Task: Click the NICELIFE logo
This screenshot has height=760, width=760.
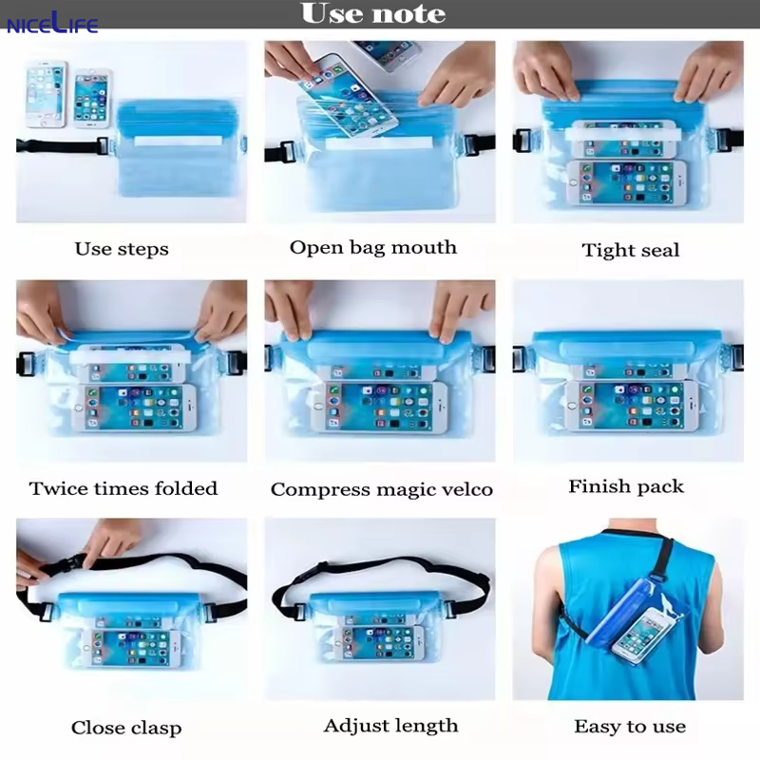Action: click(x=52, y=22)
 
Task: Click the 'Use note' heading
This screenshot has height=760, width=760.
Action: click(x=372, y=14)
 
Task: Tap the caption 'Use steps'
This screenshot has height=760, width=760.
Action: click(x=122, y=250)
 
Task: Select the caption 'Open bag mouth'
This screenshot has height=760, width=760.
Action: click(x=372, y=248)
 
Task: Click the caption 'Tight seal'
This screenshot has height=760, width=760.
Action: click(x=631, y=251)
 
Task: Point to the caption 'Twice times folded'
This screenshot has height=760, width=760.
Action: click(x=123, y=489)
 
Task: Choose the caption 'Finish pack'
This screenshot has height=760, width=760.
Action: click(x=626, y=486)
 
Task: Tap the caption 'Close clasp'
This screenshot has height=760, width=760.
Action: click(x=126, y=729)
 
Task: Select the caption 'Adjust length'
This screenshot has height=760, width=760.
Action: click(x=390, y=726)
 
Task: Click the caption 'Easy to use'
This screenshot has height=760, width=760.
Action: click(x=630, y=727)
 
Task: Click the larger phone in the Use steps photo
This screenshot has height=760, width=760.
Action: click(x=46, y=94)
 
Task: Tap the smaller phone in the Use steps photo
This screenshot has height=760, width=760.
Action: click(x=92, y=98)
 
